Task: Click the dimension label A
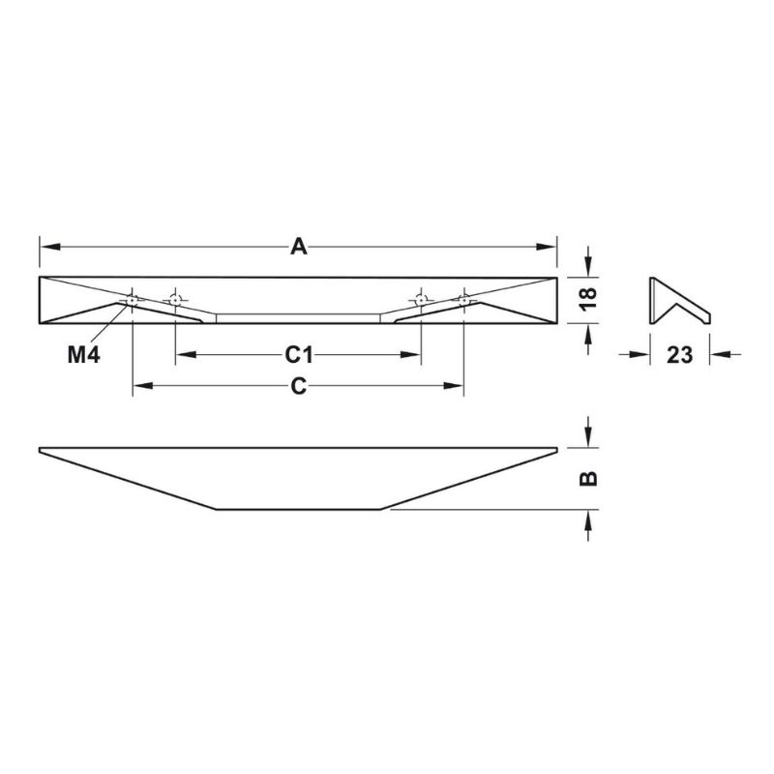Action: tap(299, 247)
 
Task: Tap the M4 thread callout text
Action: tap(84, 354)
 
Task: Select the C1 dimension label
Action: tap(299, 354)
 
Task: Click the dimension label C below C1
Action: tap(299, 386)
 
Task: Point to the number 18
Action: tap(588, 298)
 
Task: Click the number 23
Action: tap(680, 355)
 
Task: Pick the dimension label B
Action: tap(588, 478)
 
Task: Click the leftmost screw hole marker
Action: tap(133, 300)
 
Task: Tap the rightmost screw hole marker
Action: tap(464, 300)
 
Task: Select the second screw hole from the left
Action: tap(175, 300)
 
